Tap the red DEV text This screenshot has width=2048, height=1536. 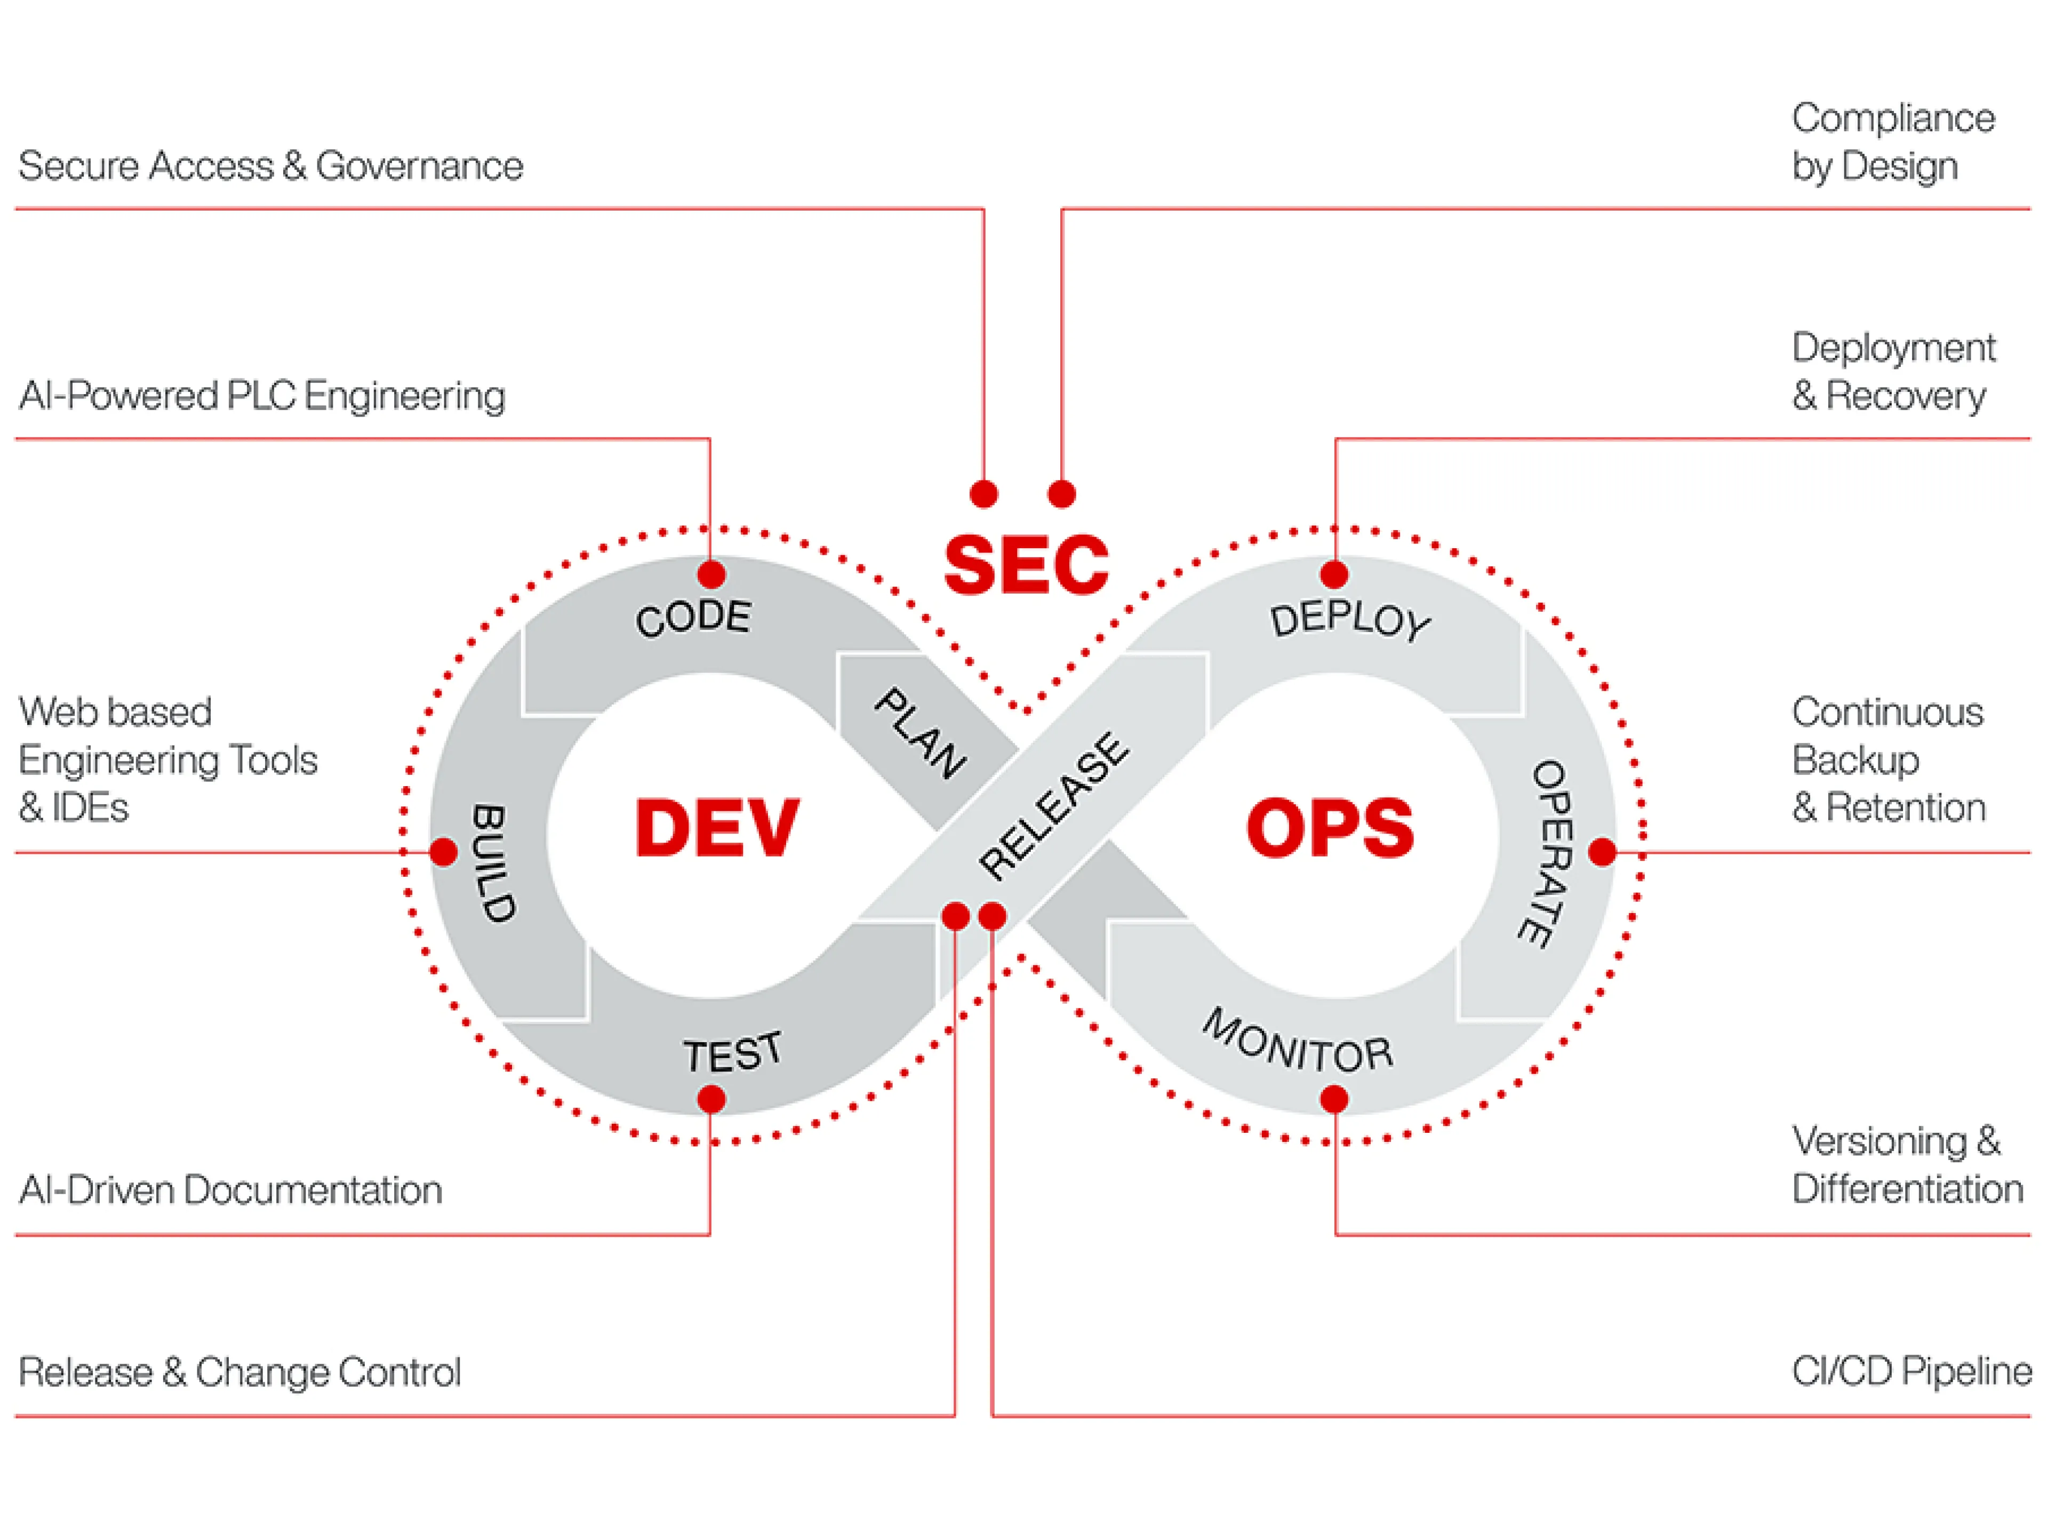pyautogui.click(x=717, y=827)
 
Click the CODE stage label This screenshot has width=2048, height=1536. pyautogui.click(x=693, y=618)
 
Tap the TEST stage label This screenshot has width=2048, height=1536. pyautogui.click(x=732, y=1053)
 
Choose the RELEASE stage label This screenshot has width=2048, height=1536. pyautogui.click(x=1054, y=806)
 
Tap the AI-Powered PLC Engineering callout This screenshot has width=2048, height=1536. pyautogui.click(x=262, y=395)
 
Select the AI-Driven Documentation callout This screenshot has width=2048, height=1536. pyautogui.click(x=230, y=1190)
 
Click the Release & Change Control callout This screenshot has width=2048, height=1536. pyautogui.click(x=240, y=1371)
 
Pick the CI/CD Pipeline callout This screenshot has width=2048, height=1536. pyautogui.click(x=1912, y=1371)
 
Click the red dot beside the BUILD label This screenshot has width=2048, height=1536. pyautogui.click(x=444, y=852)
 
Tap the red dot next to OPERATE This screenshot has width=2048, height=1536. pyautogui.click(x=1603, y=852)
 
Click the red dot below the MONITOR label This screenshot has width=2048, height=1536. pyautogui.click(x=1334, y=1100)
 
